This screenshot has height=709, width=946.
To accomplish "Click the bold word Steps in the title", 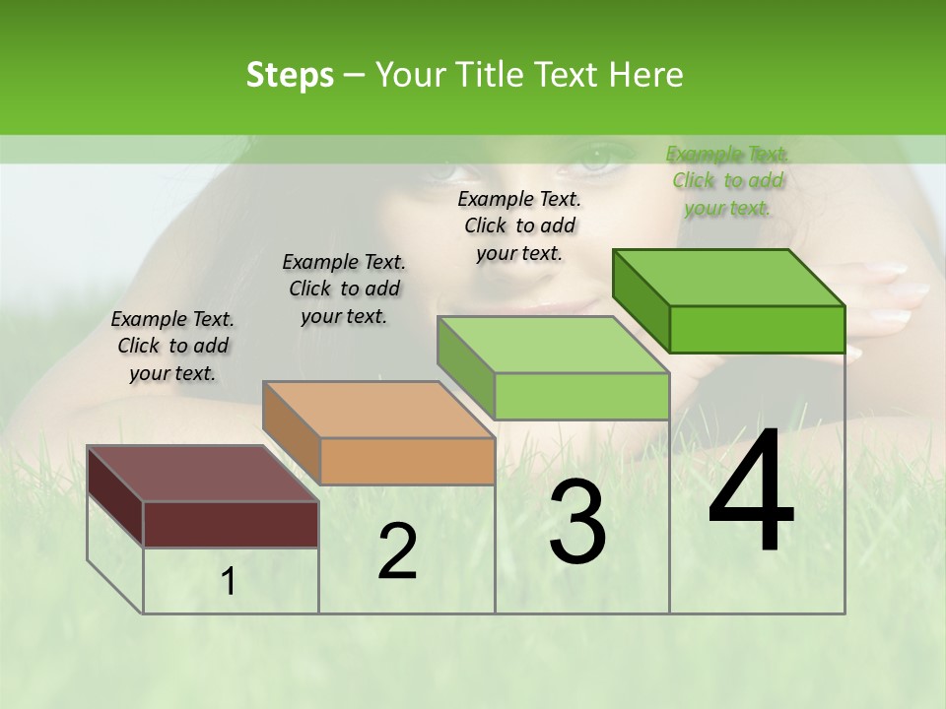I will pyautogui.click(x=289, y=75).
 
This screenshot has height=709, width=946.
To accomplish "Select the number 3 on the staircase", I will pyautogui.click(x=577, y=523).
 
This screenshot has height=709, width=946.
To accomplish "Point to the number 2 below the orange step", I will pyautogui.click(x=397, y=552).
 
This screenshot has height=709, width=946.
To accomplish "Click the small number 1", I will pyautogui.click(x=229, y=582).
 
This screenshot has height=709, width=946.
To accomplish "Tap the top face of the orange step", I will pyautogui.click(x=378, y=410).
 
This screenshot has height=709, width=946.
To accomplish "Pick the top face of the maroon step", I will pyautogui.click(x=203, y=474).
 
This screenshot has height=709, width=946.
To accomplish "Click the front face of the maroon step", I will pyautogui.click(x=231, y=524).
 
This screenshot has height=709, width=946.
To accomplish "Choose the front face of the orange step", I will pyautogui.click(x=407, y=461).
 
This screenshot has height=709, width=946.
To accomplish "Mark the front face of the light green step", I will pyautogui.click(x=581, y=396).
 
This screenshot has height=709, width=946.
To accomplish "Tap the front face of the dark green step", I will pyautogui.click(x=757, y=329).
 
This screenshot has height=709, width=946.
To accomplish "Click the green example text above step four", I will pyautogui.click(x=727, y=181).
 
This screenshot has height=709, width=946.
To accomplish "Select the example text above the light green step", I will pyautogui.click(x=519, y=226).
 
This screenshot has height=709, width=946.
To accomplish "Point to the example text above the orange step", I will pyautogui.click(x=344, y=289).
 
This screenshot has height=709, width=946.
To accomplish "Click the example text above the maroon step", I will pyautogui.click(x=172, y=346).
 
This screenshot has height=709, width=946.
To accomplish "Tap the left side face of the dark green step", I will pyautogui.click(x=641, y=299).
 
